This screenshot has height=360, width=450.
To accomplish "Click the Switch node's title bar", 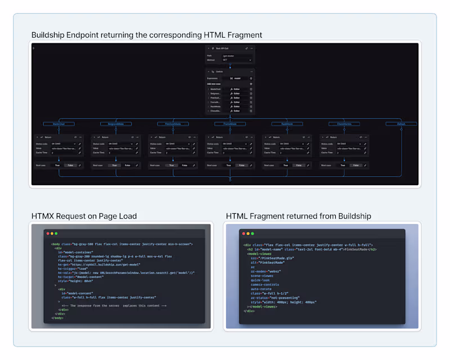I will click(x=229, y=71).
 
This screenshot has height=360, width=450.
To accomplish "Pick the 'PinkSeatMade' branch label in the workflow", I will click(x=173, y=124).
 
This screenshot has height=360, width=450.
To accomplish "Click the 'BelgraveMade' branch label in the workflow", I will click(x=115, y=124).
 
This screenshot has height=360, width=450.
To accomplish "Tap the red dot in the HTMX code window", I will click(x=48, y=233).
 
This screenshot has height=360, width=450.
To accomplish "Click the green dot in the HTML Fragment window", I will click(x=252, y=233).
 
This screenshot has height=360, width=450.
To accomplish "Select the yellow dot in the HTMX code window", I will click(x=52, y=233).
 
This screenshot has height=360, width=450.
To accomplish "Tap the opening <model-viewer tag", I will click(x=259, y=254).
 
